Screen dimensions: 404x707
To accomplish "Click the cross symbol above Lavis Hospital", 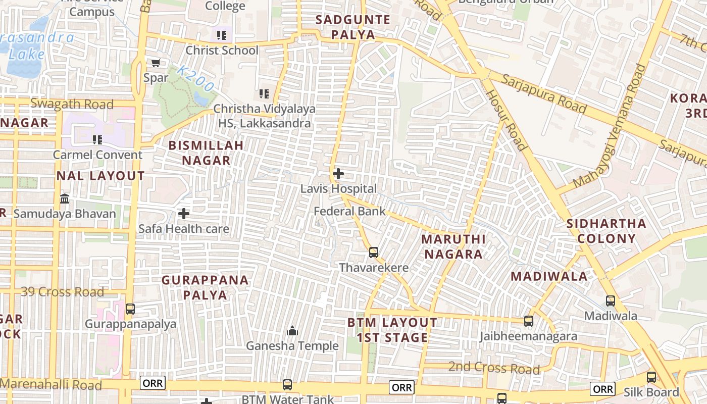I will click(x=338, y=174).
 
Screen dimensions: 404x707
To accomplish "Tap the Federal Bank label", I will click(x=349, y=212).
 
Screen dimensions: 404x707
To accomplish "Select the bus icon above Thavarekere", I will click(x=374, y=252).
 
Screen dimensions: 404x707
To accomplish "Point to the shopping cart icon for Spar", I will click(x=156, y=63).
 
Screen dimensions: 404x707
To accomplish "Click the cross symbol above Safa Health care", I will click(x=184, y=214).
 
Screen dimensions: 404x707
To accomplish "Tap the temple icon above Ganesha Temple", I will click(x=292, y=331).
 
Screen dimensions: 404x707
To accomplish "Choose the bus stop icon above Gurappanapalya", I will click(x=130, y=309).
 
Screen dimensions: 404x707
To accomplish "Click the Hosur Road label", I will click(x=507, y=120).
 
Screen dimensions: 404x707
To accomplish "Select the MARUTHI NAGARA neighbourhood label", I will click(x=453, y=246).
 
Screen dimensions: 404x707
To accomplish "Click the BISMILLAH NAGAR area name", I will click(x=206, y=153).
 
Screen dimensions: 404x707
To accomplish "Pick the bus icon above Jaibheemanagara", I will click(x=529, y=321).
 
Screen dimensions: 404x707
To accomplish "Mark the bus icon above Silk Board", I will click(x=651, y=377).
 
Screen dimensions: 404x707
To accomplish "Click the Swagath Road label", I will click(x=72, y=104).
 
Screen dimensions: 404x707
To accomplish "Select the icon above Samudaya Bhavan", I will click(x=65, y=198).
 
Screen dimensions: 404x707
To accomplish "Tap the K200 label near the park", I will click(x=196, y=79).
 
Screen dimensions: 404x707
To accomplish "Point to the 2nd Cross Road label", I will click(x=494, y=368).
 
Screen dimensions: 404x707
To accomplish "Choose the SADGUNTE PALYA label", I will click(x=352, y=27).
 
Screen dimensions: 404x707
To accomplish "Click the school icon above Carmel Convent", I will click(x=97, y=139).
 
